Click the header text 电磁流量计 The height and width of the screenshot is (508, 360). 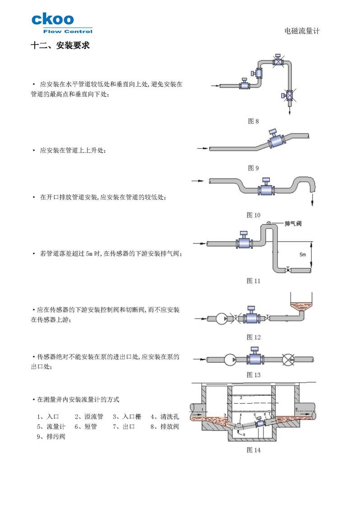point(302,31)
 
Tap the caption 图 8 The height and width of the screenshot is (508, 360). point(254,121)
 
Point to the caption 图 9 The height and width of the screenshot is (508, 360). point(254,168)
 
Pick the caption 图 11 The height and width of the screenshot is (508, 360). point(254,281)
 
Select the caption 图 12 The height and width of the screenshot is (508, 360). point(254,337)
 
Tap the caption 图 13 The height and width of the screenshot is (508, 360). point(254,375)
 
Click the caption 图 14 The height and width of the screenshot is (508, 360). point(254,449)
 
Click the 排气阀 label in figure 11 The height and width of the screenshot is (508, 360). point(293,224)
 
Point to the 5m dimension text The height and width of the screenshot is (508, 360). point(303,255)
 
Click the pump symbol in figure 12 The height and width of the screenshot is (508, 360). point(222,319)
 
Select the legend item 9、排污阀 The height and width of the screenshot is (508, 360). point(51,436)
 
